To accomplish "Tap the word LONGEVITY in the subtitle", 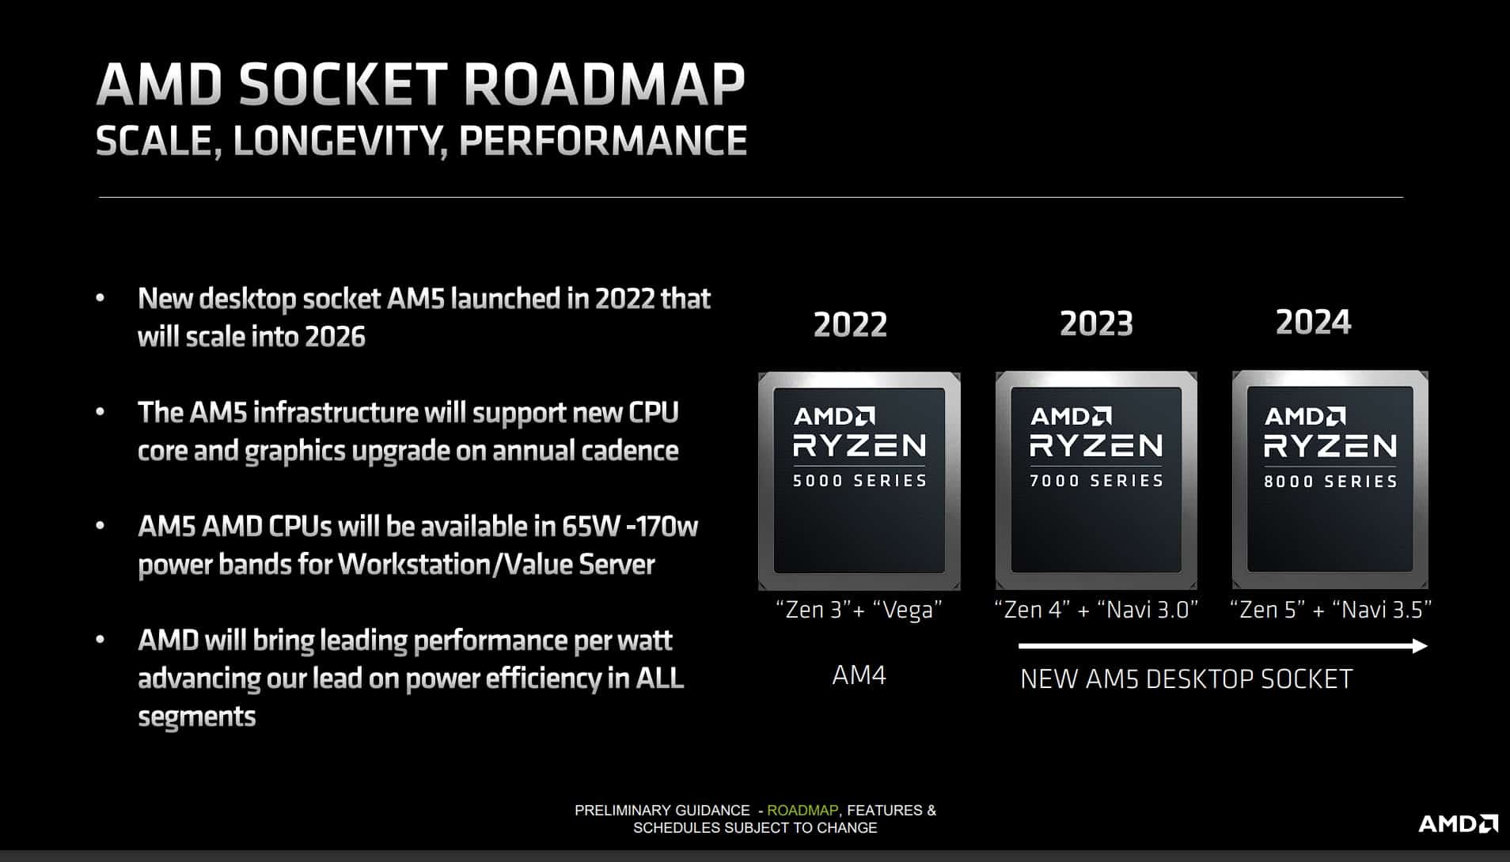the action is tap(336, 141).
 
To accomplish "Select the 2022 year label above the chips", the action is tap(850, 324).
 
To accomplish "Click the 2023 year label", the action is tap(1096, 323).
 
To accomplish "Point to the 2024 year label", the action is tap(1313, 322).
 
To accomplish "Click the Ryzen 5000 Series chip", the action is tap(859, 481).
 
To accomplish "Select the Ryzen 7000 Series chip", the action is tap(1096, 480).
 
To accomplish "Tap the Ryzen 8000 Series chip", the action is tap(1330, 479).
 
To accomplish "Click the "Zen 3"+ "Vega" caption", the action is tap(859, 610).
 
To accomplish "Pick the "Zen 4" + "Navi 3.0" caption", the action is tap(1096, 610).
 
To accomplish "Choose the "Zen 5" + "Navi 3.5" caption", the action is tap(1331, 610).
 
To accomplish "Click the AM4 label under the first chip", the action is tap(859, 675).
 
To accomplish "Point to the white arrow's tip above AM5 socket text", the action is tap(1427, 646).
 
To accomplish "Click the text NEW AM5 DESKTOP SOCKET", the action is tap(1186, 679).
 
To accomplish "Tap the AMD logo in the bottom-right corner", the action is tap(1458, 824).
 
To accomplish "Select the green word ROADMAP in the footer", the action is tap(802, 811).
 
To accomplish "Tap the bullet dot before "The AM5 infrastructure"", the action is tap(100, 412).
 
